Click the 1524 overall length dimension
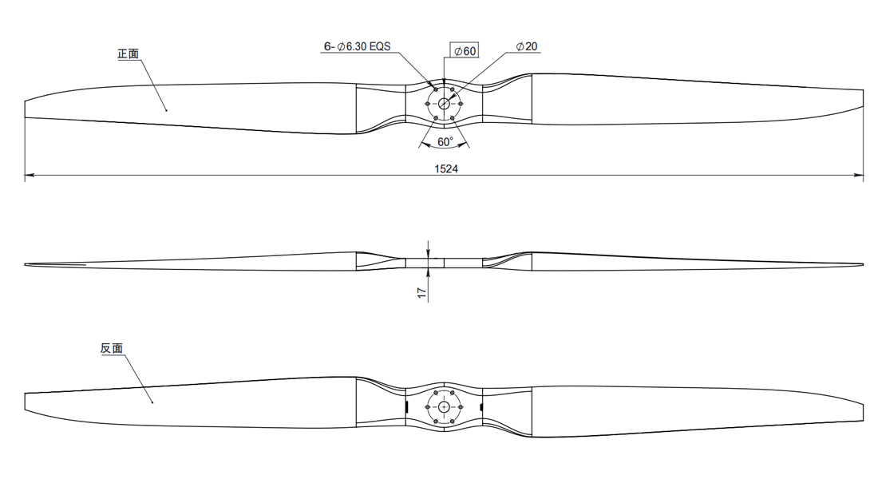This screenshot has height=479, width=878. click(x=445, y=168)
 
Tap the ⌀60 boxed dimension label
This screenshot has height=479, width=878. click(x=465, y=51)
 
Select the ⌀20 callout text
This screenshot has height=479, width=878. click(x=526, y=46)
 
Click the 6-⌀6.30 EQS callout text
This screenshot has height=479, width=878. click(x=357, y=46)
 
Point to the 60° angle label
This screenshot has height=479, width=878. click(x=445, y=142)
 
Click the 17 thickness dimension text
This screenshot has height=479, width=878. click(x=422, y=292)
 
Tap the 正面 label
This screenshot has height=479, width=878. click(x=129, y=53)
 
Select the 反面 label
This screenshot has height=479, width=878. click(x=112, y=348)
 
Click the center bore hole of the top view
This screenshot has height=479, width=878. click(x=444, y=104)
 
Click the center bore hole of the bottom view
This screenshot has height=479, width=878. click(x=444, y=407)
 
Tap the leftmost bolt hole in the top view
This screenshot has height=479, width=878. click(x=428, y=104)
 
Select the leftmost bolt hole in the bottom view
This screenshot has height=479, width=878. click(x=428, y=407)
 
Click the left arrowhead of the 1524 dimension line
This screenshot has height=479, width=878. click(x=30, y=176)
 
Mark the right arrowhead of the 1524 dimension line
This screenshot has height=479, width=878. click(x=858, y=176)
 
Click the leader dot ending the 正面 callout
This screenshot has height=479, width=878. click(x=166, y=110)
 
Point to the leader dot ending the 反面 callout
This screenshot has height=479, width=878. click(x=152, y=402)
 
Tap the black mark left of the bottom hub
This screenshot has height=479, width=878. click(x=406, y=406)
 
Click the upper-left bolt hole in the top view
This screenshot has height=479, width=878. click(x=436, y=89)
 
